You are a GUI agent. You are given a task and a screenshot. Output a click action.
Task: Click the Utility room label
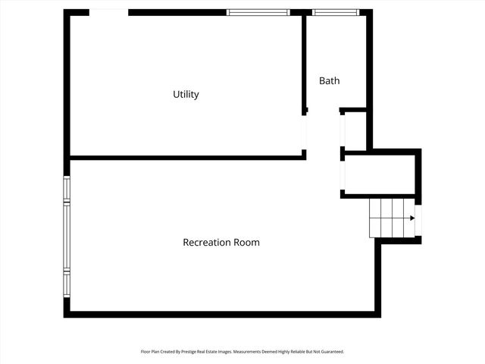186,95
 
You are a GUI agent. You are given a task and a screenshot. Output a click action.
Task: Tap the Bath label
329,80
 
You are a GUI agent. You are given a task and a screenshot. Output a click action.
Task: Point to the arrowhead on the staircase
412,218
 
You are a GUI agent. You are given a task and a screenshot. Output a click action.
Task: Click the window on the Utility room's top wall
258,12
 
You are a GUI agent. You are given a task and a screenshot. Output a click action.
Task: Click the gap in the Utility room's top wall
108,12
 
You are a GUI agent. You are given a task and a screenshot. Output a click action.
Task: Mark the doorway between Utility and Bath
305,132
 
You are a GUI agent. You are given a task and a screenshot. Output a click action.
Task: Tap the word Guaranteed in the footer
330,352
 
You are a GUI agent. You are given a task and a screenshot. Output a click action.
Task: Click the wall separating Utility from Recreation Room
186,158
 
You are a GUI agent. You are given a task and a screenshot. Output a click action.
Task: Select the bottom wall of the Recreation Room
220,313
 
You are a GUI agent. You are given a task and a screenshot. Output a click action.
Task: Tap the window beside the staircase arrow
418,220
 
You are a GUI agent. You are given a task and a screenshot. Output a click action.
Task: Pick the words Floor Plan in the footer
151,352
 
